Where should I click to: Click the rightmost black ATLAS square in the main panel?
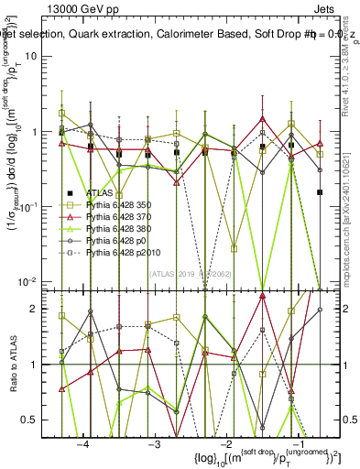coord(320,192)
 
